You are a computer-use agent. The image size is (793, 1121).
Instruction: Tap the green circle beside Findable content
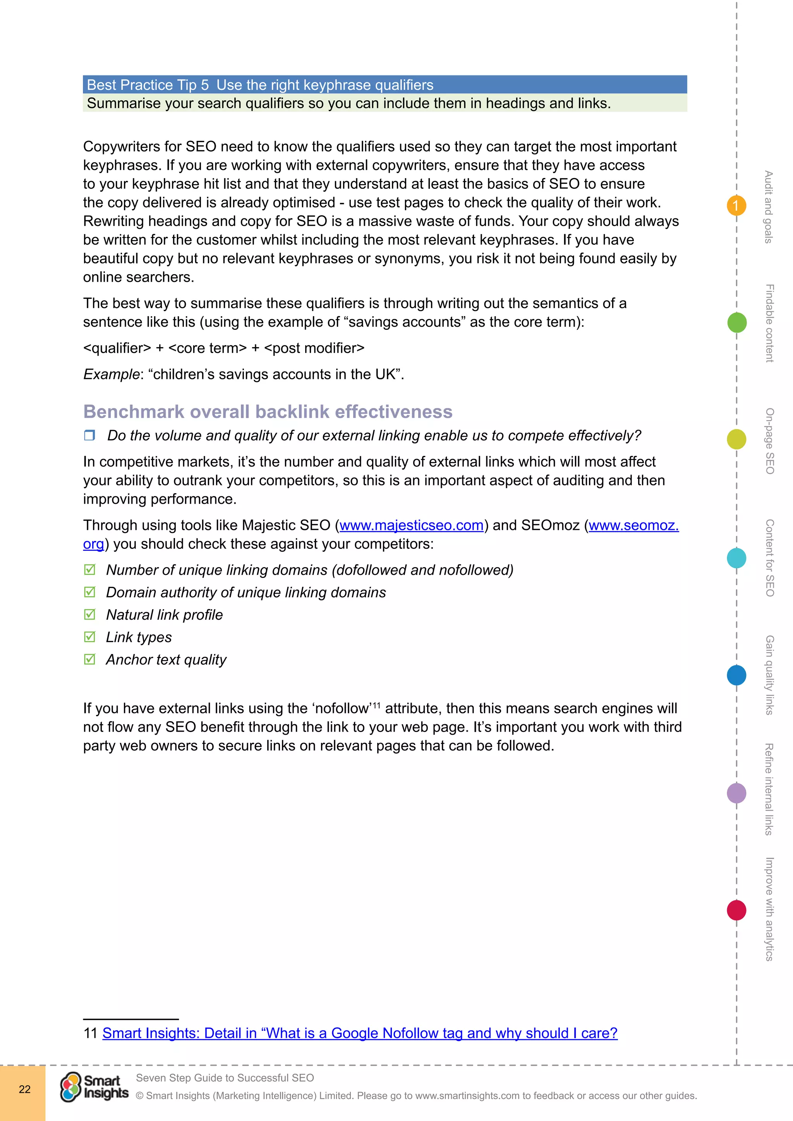tap(737, 323)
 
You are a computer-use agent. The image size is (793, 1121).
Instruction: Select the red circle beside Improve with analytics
tap(736, 910)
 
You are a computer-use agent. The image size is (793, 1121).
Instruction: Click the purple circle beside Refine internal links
tap(736, 793)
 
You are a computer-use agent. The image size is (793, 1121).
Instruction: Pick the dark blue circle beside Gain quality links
tap(736, 675)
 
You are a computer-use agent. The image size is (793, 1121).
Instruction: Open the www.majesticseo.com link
tap(411, 525)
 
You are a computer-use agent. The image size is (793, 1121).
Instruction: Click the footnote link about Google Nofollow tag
tap(359, 1033)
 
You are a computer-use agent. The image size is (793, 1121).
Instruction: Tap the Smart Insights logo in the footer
tap(94, 1087)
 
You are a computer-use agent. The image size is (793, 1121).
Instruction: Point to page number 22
tap(24, 1089)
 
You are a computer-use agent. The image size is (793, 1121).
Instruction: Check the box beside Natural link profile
tap(89, 614)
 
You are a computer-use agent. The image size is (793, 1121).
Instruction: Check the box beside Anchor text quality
tap(89, 659)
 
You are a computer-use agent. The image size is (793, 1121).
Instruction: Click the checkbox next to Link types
tap(89, 637)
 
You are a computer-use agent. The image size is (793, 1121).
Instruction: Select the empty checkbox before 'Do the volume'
tap(89, 435)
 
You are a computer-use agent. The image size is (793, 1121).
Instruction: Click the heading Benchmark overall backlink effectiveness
tap(268, 411)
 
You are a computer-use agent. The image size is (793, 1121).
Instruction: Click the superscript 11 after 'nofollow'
tap(376, 704)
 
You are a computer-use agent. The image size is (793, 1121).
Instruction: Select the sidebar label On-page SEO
tap(769, 441)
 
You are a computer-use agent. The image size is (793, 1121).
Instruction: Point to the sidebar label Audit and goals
tap(769, 207)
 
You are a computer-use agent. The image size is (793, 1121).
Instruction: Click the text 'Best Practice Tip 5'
tap(148, 85)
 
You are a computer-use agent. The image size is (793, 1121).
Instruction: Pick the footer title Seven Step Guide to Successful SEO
tap(225, 1078)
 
